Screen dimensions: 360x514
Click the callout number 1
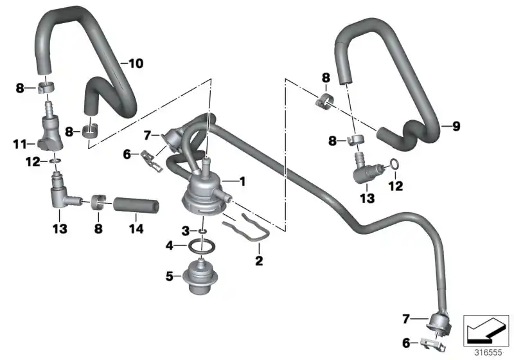point(243,181)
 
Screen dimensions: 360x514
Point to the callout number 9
point(456,127)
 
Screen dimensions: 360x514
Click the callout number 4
point(170,245)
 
